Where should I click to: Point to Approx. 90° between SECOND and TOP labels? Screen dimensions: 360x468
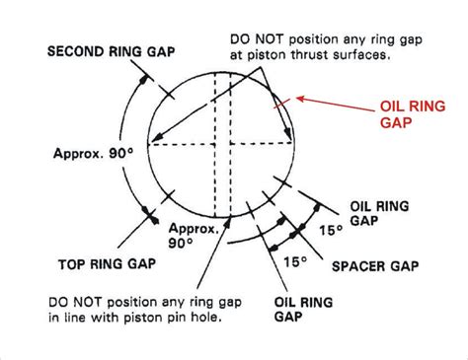point(85,154)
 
